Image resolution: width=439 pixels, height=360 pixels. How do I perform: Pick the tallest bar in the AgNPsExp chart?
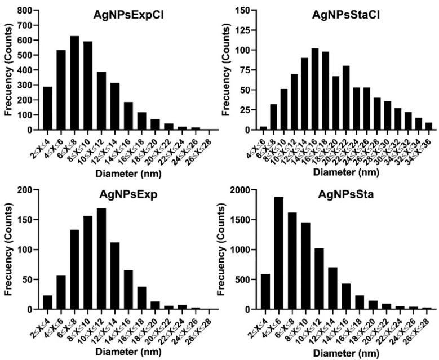pos(102,259)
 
